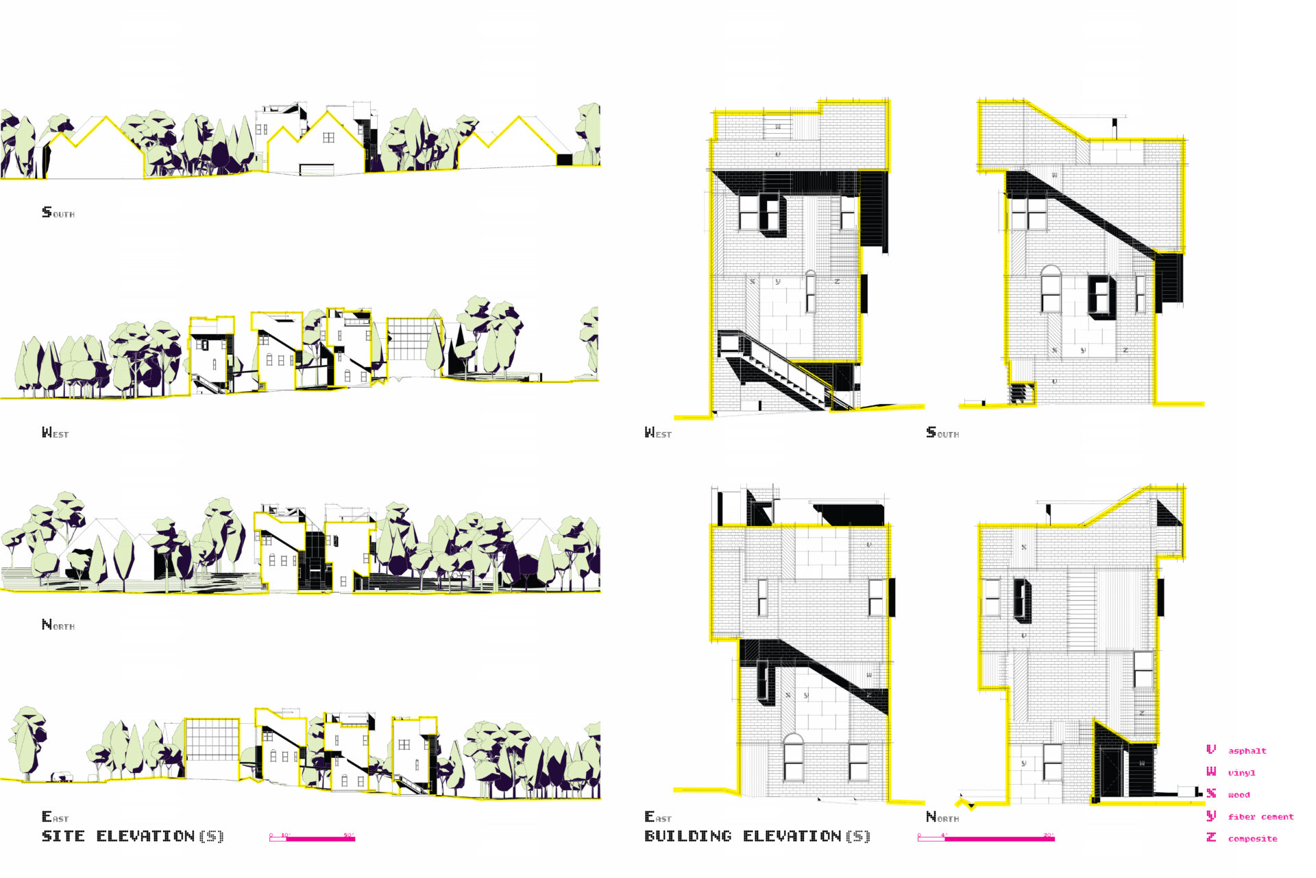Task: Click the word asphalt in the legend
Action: point(1247,751)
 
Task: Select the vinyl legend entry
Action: point(1241,773)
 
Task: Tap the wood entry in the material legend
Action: point(1239,795)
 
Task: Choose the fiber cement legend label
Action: point(1260,817)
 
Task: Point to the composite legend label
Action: point(1252,839)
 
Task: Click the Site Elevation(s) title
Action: point(132,836)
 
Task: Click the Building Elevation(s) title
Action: point(757,836)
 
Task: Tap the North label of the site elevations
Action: point(58,625)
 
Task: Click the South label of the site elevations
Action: point(58,213)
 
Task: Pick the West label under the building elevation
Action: point(658,433)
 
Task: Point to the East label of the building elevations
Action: point(658,817)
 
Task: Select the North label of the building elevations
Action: point(942,817)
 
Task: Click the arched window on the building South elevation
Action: point(1051,289)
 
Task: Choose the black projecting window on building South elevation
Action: point(1101,297)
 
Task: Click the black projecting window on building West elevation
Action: point(772,215)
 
